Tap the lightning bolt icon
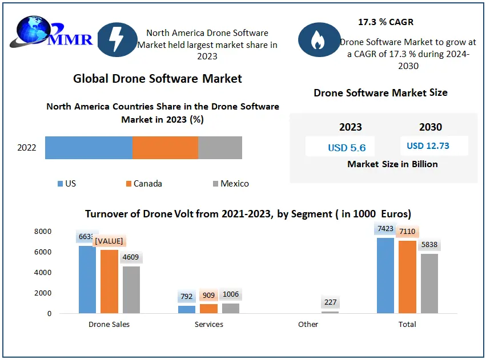[117, 39]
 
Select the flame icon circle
[316, 39]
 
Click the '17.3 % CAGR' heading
[385, 22]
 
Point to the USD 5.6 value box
[347, 147]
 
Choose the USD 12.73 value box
[428, 146]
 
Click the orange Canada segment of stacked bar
[165, 148]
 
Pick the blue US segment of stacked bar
[89, 148]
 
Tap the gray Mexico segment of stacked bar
[220, 148]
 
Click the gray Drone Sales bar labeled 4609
[131, 290]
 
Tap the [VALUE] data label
[110, 241]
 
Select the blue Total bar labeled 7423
[385, 276]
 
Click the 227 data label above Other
[330, 302]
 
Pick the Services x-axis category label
[208, 324]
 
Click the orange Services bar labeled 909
[208, 309]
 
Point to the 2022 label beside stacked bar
[27, 148]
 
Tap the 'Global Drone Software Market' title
[158, 79]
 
